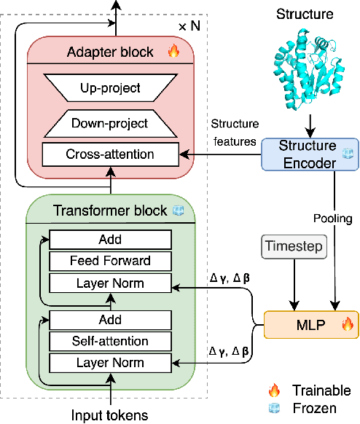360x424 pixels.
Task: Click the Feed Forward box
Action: [110, 261]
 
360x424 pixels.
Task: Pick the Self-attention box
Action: [110, 341]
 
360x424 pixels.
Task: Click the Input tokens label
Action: [110, 415]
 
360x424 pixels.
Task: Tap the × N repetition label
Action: [191, 26]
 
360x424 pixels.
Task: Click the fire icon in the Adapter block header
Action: [173, 52]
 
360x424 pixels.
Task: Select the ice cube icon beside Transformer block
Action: [177, 211]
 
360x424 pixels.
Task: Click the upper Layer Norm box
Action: [110, 283]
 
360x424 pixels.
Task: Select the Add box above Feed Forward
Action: [110, 240]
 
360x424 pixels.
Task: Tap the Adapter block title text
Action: [110, 52]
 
